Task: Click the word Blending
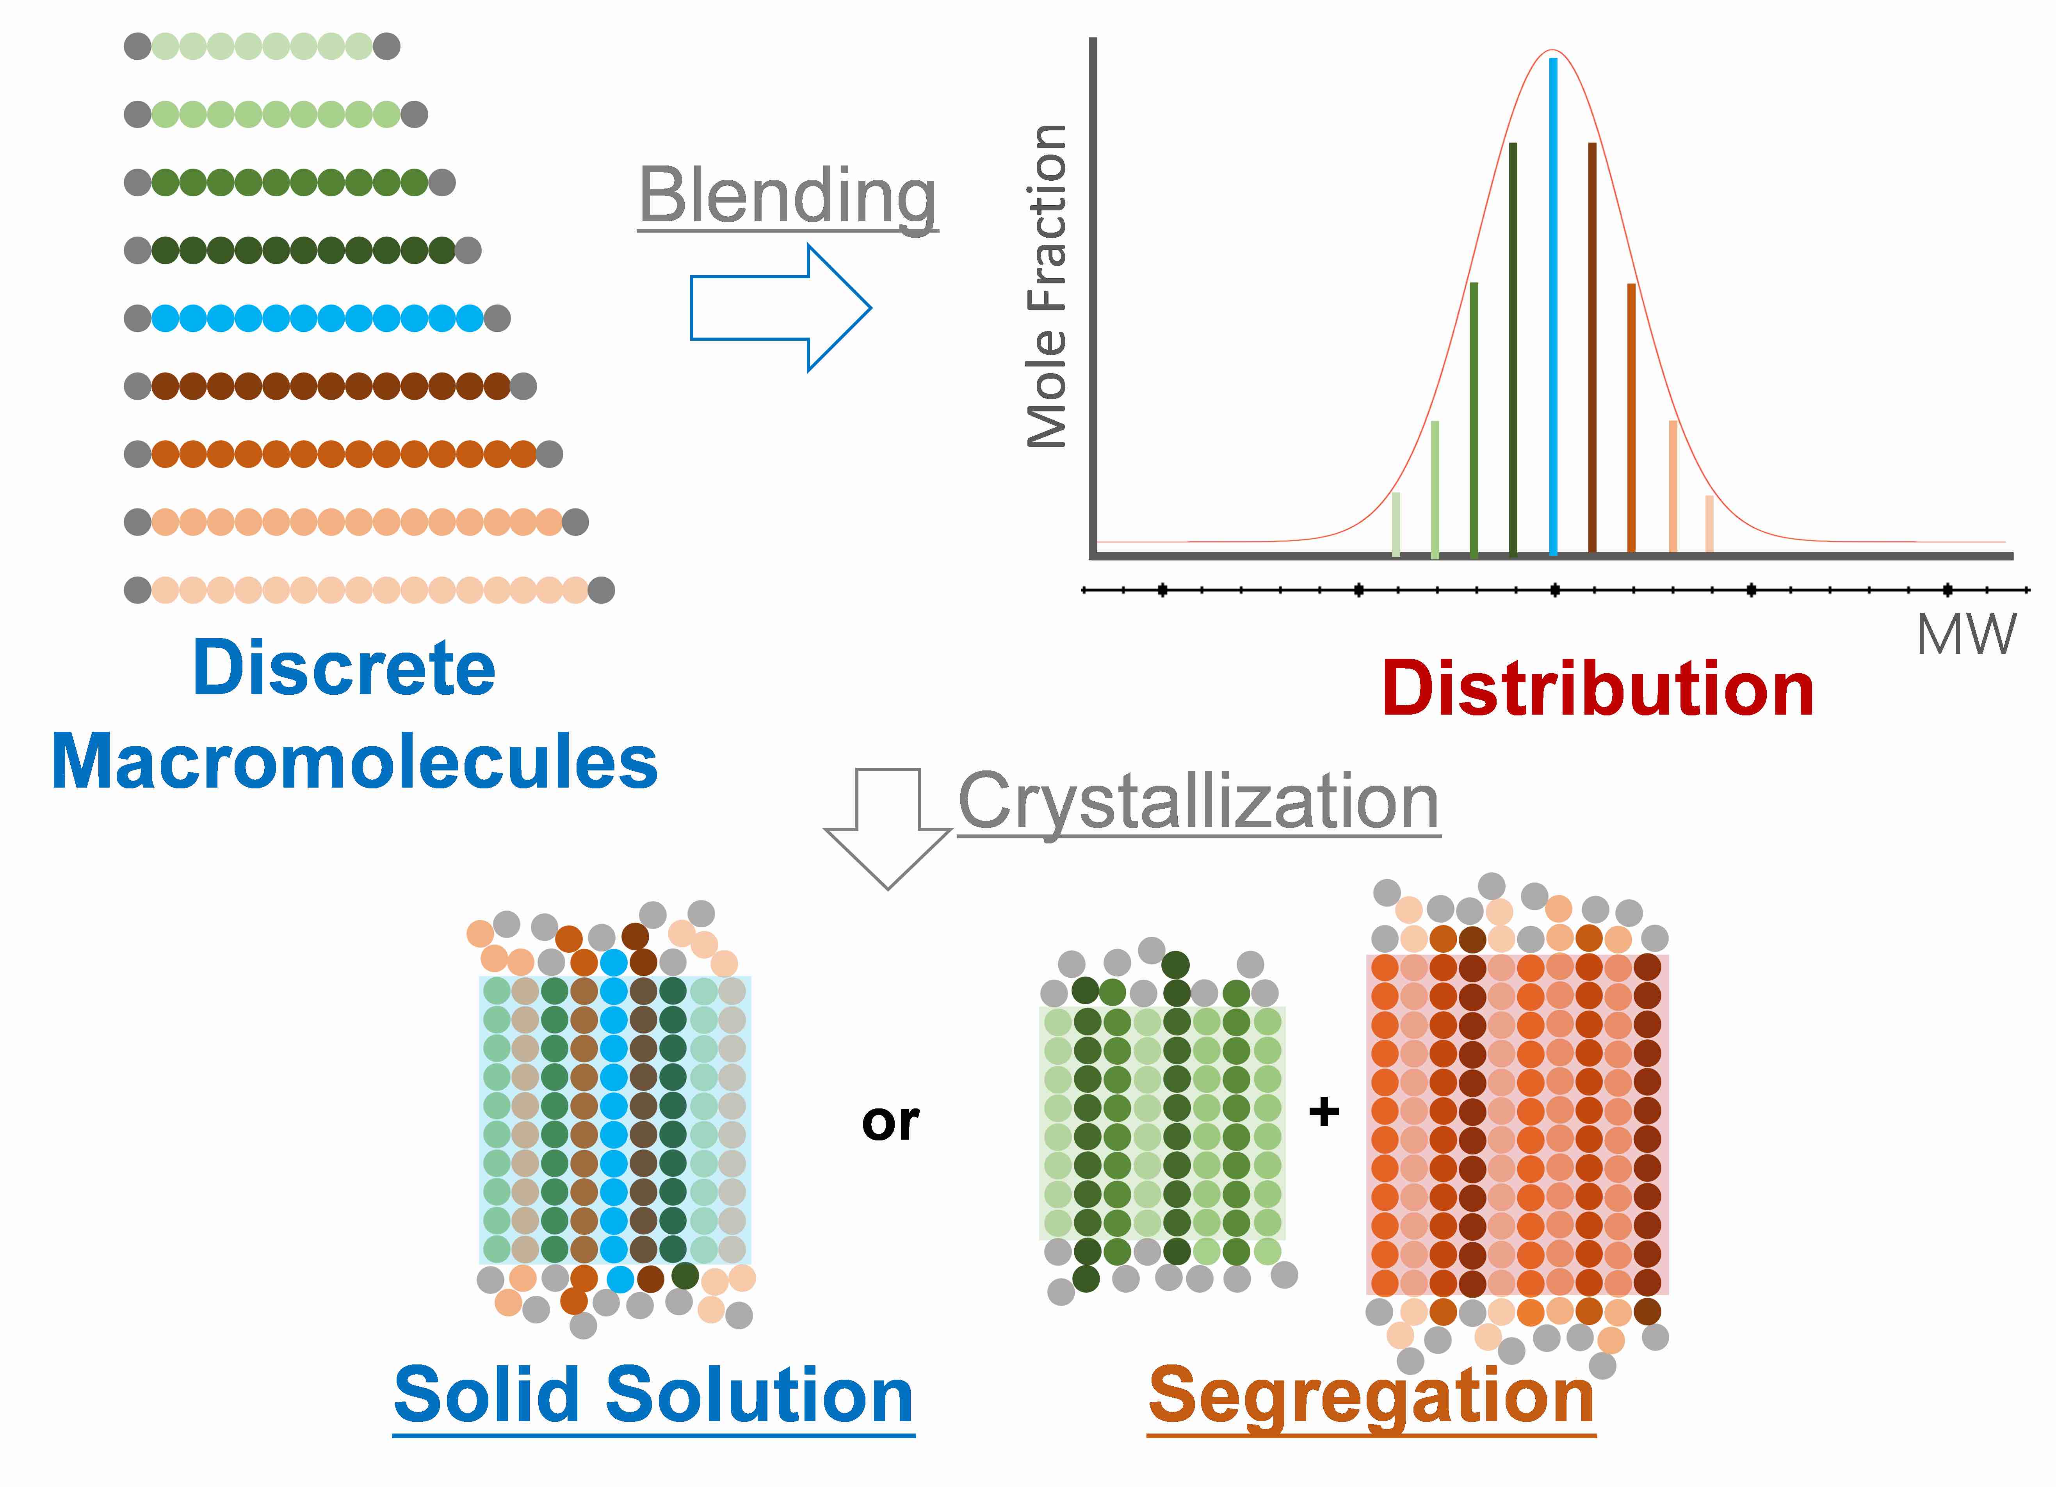(788, 197)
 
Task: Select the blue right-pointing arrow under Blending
(781, 308)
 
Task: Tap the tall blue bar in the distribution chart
(1553, 306)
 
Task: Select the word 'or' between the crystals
(890, 1124)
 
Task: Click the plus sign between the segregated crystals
(1324, 1111)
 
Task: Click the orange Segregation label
(1372, 1398)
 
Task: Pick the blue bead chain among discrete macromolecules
(317, 318)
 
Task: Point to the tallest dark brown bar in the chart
(1592, 349)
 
